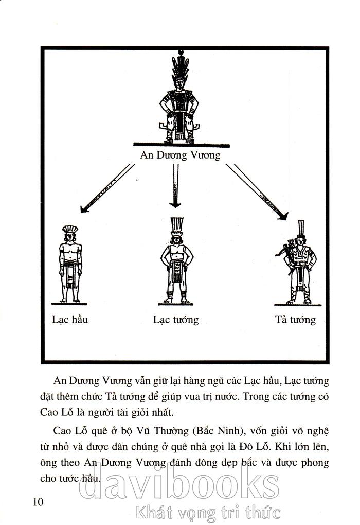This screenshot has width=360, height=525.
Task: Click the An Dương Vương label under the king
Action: (180, 155)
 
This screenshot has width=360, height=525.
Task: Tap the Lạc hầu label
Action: (70, 320)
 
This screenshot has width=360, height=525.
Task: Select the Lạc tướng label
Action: (176, 320)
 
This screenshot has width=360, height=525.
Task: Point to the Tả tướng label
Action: (295, 320)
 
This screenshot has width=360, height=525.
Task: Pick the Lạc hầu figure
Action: (70, 265)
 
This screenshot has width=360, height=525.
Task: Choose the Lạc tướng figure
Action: (176, 262)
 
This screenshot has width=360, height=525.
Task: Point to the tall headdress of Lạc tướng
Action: (176, 224)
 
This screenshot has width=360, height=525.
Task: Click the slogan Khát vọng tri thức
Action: (208, 512)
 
